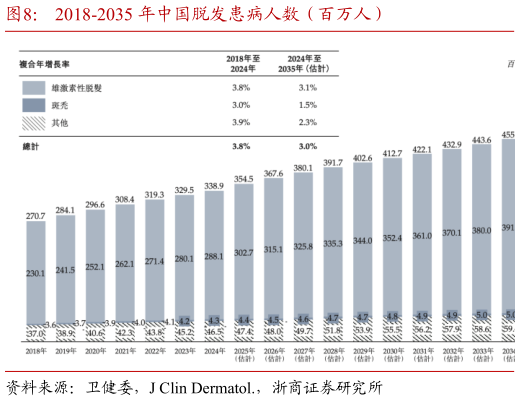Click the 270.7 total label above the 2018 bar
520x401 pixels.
[x=36, y=215]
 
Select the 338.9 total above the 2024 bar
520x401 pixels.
[x=214, y=186]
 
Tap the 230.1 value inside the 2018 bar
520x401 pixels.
[x=36, y=273]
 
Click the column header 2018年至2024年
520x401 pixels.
[x=241, y=64]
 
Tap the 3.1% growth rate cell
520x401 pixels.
[x=307, y=88]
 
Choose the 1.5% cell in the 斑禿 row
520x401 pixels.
[x=307, y=105]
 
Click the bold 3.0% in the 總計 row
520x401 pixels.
[x=307, y=146]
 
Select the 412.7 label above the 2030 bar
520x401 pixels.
[x=392, y=153]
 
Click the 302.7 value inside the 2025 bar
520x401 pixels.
[x=244, y=254]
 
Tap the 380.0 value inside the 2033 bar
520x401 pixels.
[x=481, y=230]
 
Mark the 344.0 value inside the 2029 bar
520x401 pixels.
[x=362, y=241]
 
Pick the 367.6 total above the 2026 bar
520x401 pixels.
[x=273, y=173]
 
